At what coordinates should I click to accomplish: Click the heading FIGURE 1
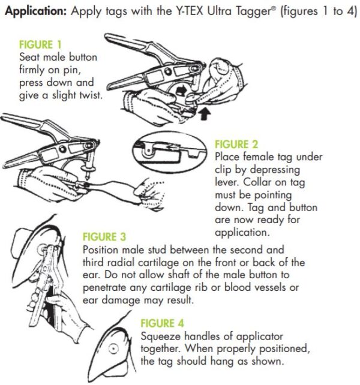pos(40,45)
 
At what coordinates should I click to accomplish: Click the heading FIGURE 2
pos(236,145)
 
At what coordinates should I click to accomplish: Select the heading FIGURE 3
pos(104,237)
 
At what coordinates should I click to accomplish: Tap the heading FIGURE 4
pos(162,323)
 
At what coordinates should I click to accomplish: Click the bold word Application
pos(36,11)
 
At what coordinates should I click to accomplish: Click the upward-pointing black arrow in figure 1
pos(205,115)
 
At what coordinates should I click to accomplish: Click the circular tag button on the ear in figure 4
pos(113,348)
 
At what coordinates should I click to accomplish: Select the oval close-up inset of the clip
pos(170,152)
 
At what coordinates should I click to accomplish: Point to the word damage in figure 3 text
pos(121,300)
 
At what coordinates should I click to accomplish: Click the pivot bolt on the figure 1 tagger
pos(168,72)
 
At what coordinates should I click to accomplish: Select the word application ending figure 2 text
pos(242,232)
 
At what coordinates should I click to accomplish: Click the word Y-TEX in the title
pos(190,11)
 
